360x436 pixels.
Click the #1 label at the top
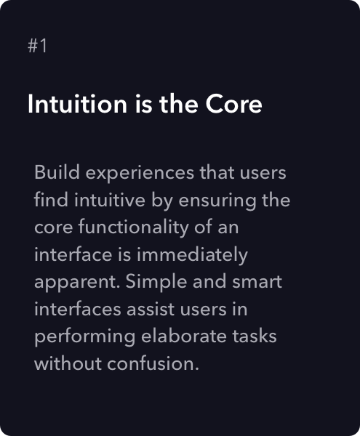point(38,46)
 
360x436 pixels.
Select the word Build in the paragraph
point(54,174)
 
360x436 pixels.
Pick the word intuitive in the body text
point(102,201)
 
